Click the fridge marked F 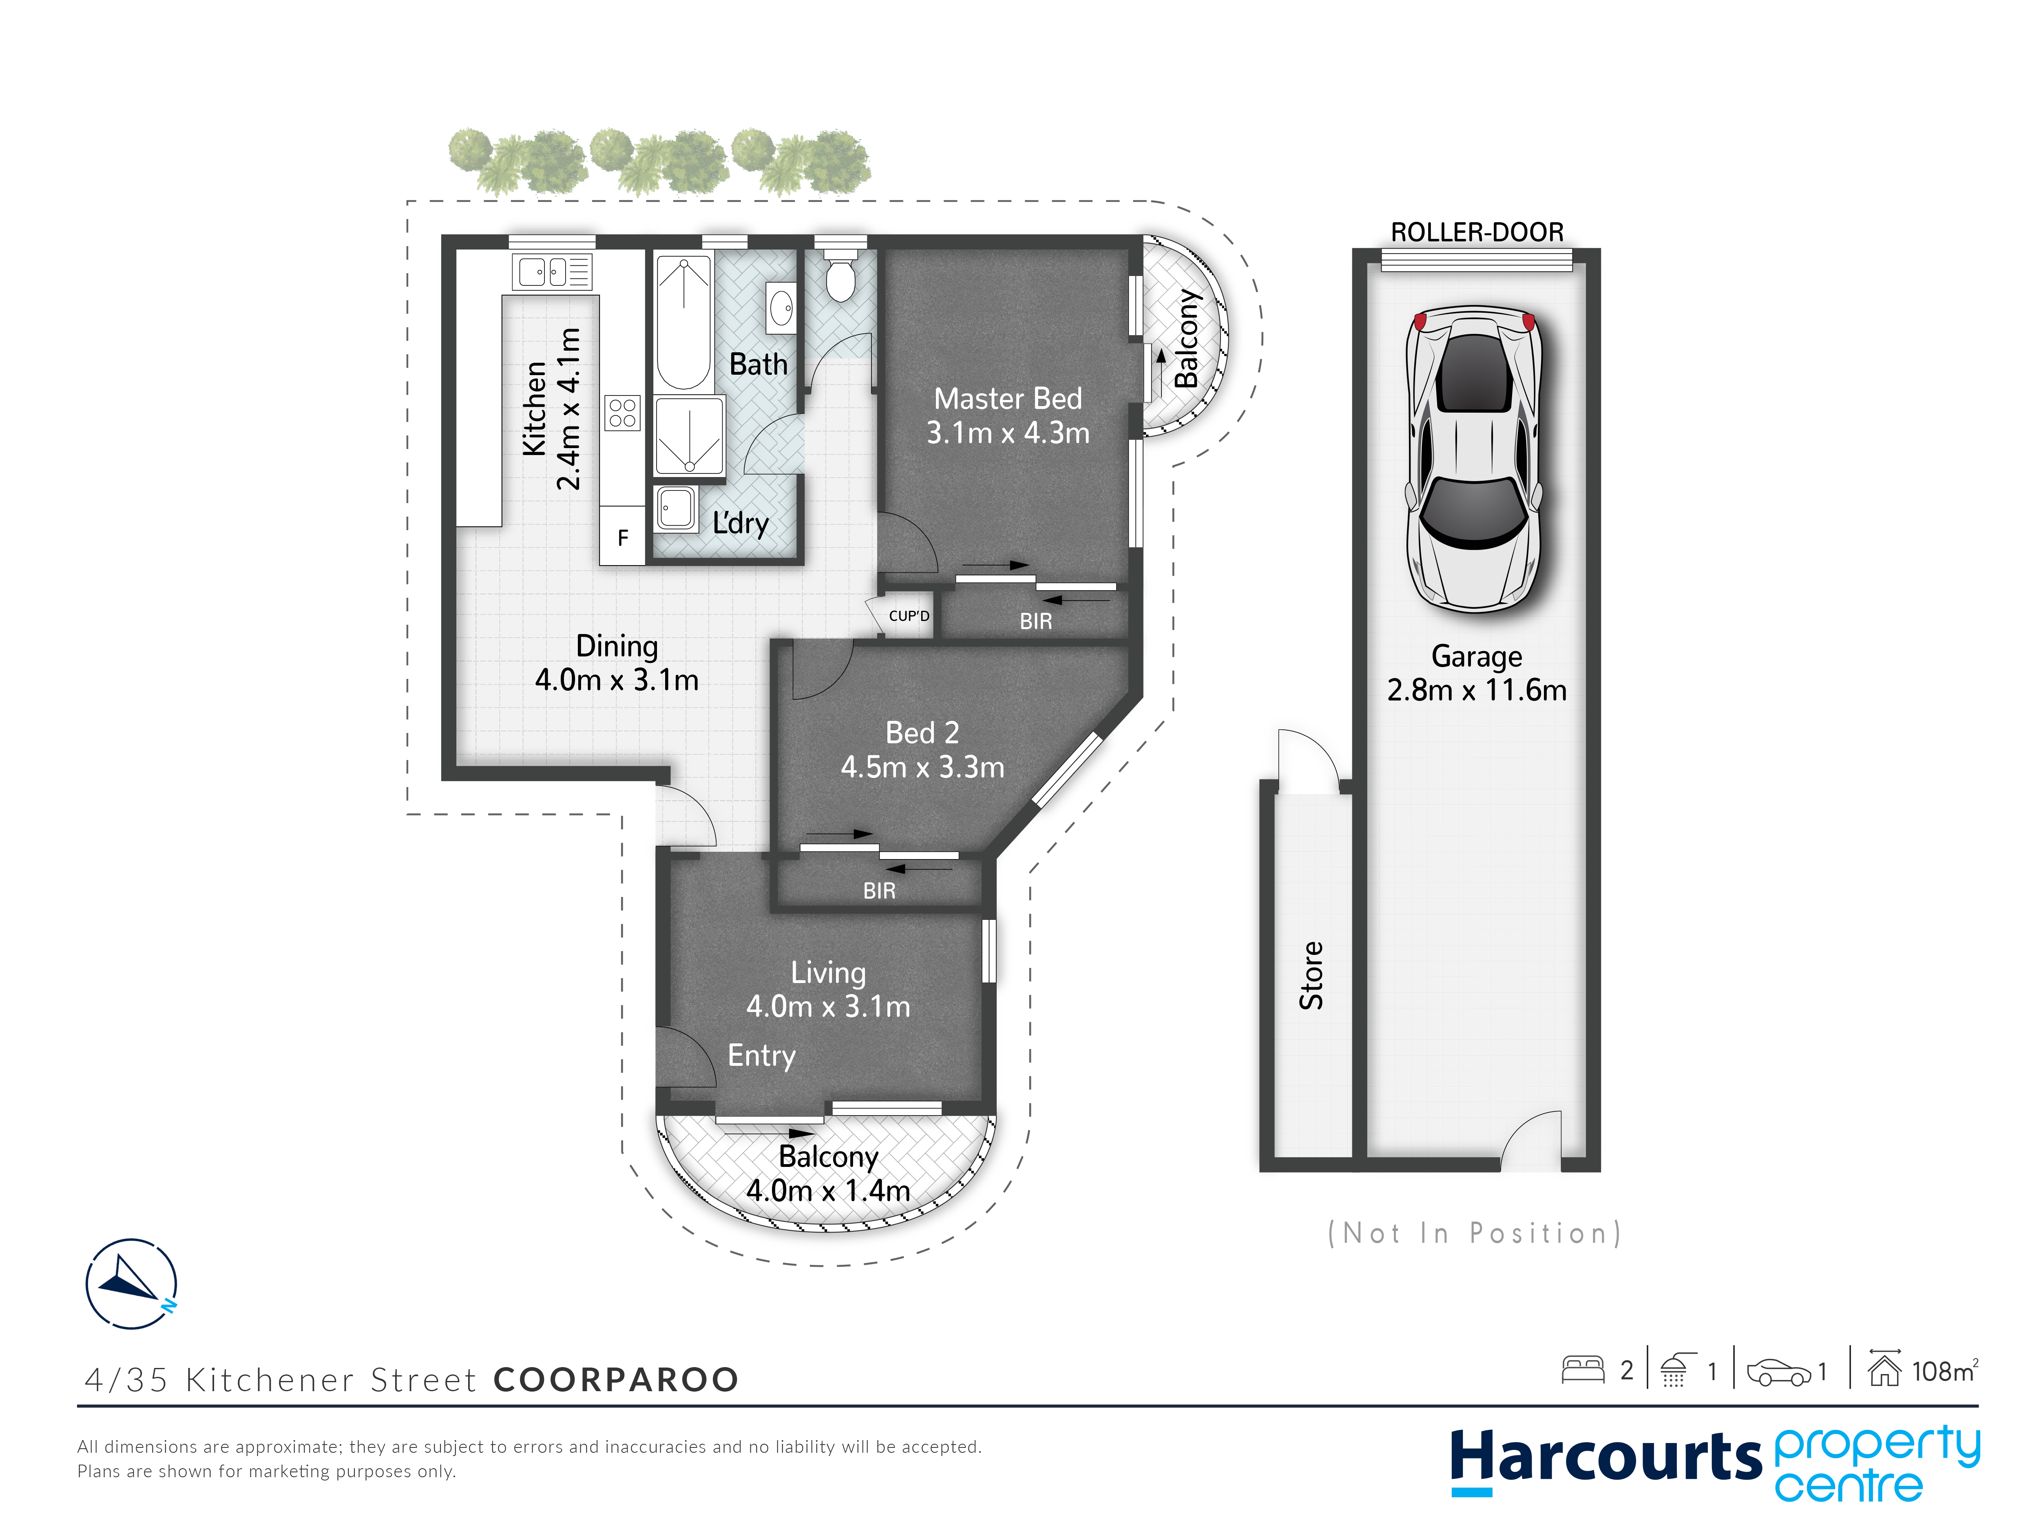point(622,537)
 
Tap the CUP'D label point(909,616)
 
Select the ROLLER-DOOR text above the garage point(1477,232)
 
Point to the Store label point(1311,975)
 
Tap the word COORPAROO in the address point(616,1380)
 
